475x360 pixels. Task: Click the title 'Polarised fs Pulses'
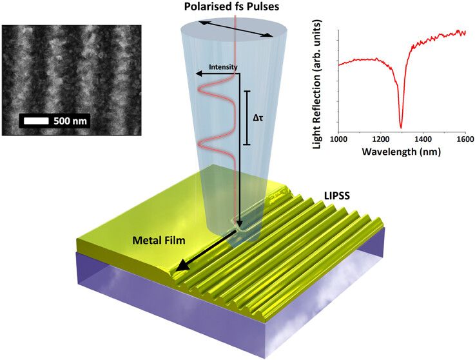tap(231, 6)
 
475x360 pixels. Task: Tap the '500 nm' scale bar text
tap(70, 121)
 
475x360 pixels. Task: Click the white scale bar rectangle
tap(36, 121)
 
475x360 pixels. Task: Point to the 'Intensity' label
tap(223, 66)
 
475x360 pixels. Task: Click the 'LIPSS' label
tap(337, 195)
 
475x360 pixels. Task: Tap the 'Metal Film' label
tap(159, 241)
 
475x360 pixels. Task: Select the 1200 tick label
tap(380, 139)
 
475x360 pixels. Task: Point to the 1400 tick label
tap(423, 139)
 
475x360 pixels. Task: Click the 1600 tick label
tap(465, 139)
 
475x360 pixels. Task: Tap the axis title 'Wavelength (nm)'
tap(401, 151)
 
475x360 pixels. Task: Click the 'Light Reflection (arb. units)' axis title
tap(317, 84)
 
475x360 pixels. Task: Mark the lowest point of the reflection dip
tap(401, 128)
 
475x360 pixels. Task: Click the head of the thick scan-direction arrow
tap(182, 266)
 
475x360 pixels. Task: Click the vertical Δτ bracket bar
tap(247, 117)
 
